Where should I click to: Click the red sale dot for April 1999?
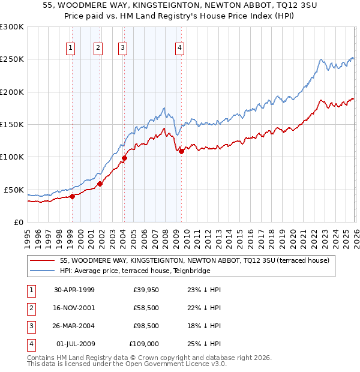pyautogui.click(x=72, y=196)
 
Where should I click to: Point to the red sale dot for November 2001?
pyautogui.click(x=100, y=184)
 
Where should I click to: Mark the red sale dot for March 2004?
pyautogui.click(x=124, y=158)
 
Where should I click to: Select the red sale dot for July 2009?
pyautogui.click(x=181, y=151)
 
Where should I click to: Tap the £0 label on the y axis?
pyautogui.click(x=18, y=222)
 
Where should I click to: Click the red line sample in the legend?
pyautogui.click(x=42, y=261)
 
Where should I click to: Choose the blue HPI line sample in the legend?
pyautogui.click(x=42, y=271)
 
